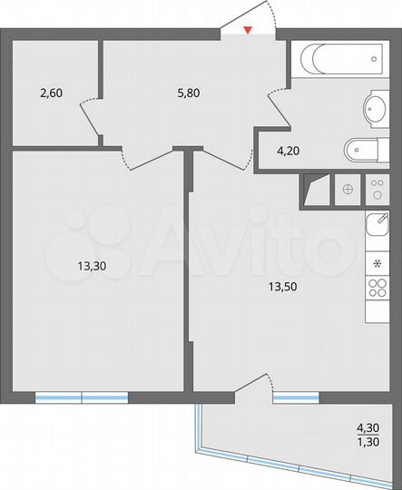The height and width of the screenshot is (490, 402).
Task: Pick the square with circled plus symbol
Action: (348, 191)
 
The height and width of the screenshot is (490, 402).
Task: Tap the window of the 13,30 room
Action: (82, 397)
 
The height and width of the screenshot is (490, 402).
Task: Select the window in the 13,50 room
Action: (296, 397)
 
